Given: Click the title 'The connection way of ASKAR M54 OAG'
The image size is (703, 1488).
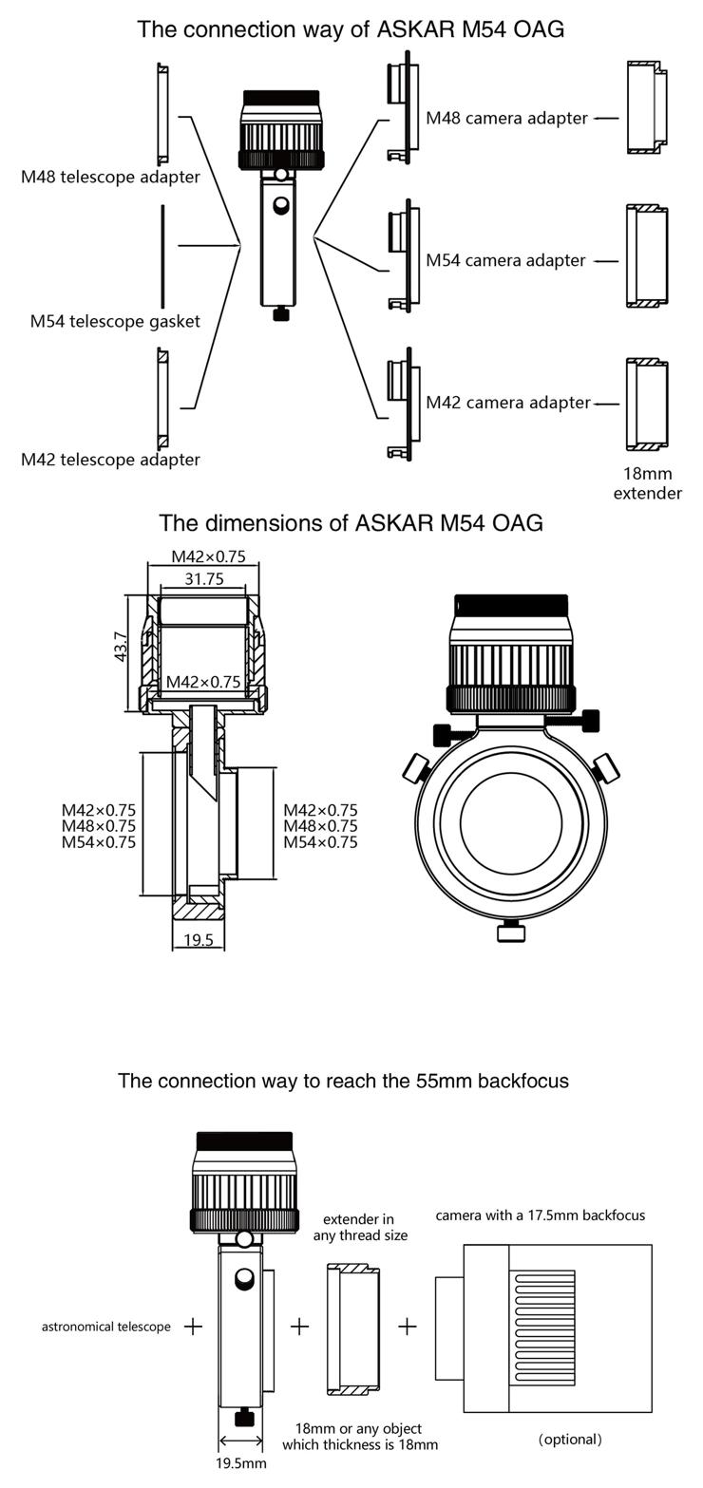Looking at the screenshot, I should coord(351,29).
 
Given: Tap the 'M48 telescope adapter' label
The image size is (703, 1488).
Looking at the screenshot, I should coord(110,177).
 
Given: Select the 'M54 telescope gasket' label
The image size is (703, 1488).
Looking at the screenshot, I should coord(115,321).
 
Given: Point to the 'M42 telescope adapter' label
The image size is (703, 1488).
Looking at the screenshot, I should coord(110,460).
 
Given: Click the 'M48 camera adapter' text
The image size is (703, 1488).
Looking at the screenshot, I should coord(506,118).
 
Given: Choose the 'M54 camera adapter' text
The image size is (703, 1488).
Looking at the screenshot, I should coord(505,260).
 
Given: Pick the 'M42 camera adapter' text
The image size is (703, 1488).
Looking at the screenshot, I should coord(507,403).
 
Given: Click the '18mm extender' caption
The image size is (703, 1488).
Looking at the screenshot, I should coord(647,483).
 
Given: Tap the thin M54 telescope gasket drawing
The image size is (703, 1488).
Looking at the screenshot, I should coord(162,245).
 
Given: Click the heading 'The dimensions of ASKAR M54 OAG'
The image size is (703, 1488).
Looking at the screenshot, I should coord(351,523).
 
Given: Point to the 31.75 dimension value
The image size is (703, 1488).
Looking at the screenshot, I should coord(203,578).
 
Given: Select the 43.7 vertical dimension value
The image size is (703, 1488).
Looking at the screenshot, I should coord(122,647).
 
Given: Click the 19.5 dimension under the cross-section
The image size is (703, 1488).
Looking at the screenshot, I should coord(199,940).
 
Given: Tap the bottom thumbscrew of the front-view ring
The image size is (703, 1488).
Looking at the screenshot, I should coord(511,932).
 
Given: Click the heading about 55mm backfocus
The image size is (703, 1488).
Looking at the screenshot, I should coord(343,1081).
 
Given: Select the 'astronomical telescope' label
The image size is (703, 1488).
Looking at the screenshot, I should coord(106,1327).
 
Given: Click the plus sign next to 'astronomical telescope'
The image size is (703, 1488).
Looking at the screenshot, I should coord(193,1326).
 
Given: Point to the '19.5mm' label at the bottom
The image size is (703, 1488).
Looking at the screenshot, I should coord(240,1463).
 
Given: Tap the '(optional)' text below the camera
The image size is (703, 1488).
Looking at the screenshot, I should coord(570,1440).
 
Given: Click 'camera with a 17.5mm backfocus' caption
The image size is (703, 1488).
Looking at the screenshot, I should coord(540,1215).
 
